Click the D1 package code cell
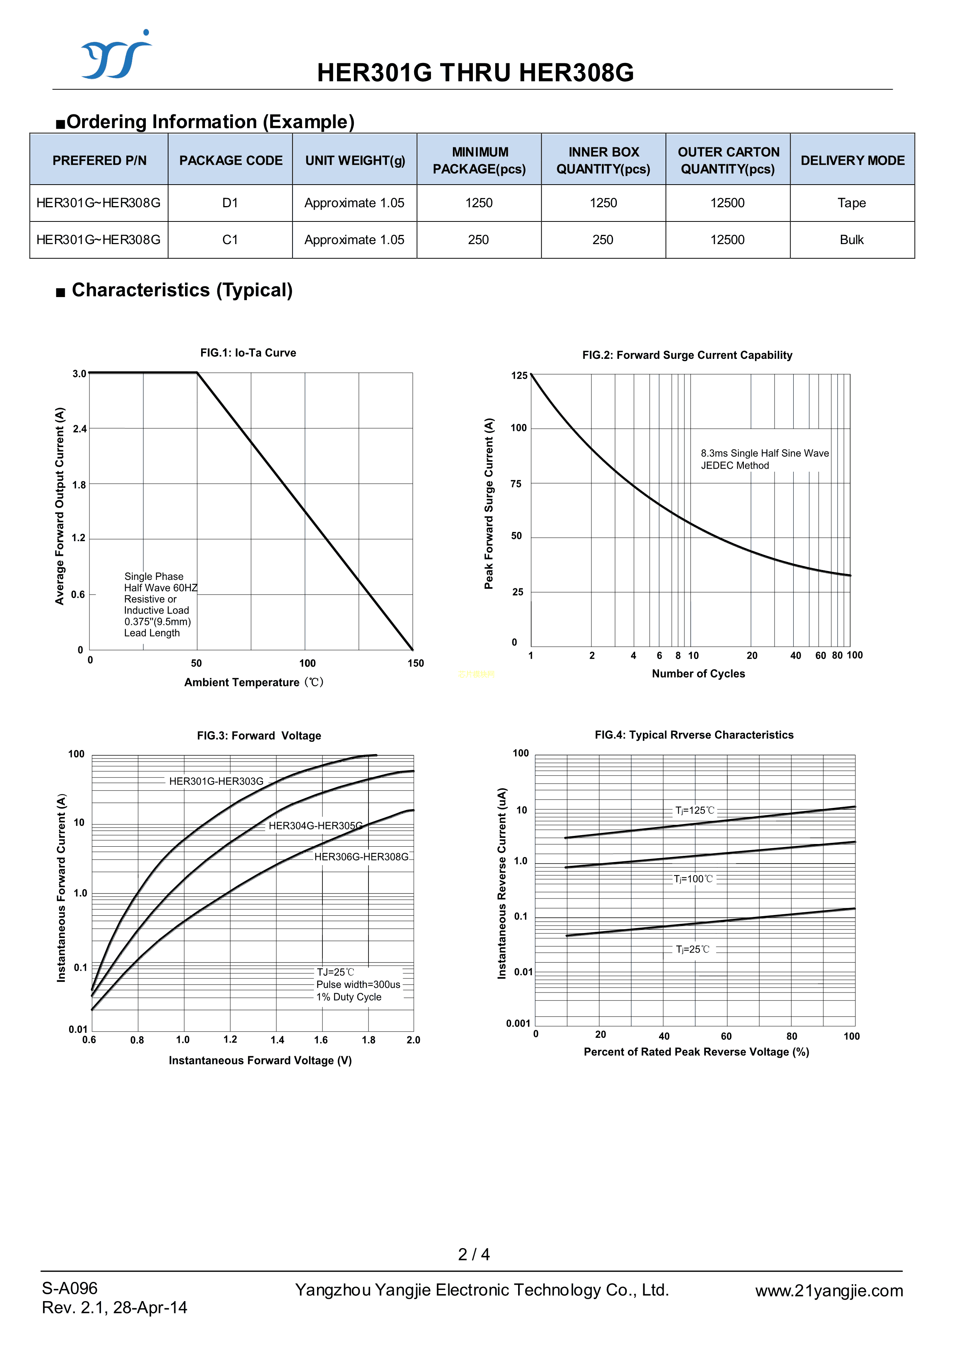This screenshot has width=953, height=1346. pos(230,203)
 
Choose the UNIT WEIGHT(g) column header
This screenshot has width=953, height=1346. pos(355,160)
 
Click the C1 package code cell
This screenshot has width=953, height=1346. pos(230,239)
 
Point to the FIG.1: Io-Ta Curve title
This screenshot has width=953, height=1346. pos(248,353)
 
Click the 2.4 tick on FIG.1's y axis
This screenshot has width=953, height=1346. pos(79,429)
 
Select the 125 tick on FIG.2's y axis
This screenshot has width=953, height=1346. pos(519,375)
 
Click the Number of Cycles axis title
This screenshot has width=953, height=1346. pos(698,674)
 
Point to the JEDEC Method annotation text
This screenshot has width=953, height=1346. pos(735,465)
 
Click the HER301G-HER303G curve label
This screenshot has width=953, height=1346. pos(216,781)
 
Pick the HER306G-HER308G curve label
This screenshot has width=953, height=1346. pos(361,857)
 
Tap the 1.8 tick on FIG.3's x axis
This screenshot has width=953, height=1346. pos(368,1040)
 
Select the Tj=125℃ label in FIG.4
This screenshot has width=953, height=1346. pos(695,810)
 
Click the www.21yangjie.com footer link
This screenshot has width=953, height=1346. pos(829,1290)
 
